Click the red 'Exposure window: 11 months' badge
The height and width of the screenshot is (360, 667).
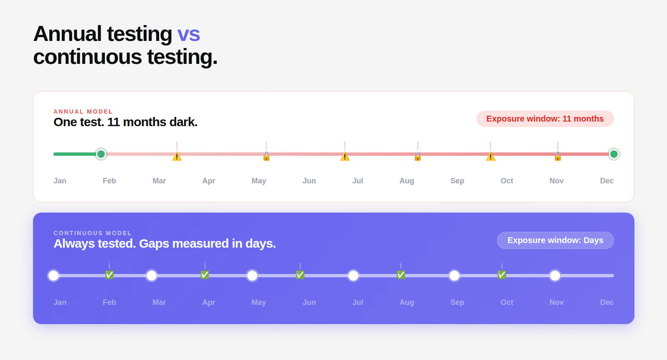545,119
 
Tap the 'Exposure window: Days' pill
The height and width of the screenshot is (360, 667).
555,240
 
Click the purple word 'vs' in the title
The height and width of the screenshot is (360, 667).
188,34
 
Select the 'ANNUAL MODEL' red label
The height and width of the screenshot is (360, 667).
83,112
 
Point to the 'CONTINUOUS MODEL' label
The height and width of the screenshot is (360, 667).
93,233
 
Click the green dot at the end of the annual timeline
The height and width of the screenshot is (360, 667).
614,154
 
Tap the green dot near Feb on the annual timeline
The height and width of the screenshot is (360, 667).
101,154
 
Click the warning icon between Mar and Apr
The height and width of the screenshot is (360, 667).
177,156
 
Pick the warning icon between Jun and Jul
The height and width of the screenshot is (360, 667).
345,156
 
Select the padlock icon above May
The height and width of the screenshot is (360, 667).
266,156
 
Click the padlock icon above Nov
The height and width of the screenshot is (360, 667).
558,156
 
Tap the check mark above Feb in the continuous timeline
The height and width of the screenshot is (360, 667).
109,275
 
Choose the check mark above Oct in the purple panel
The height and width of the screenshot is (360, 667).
502,275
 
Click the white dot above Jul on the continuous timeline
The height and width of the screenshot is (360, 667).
353,276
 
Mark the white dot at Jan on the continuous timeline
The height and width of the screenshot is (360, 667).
53,276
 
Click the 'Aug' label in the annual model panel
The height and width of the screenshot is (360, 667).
407,181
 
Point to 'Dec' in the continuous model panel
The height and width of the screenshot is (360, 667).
607,302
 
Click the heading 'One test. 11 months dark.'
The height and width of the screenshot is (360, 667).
125,122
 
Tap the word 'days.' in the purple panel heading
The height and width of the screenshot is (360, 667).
261,244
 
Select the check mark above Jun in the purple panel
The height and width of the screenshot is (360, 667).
300,275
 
